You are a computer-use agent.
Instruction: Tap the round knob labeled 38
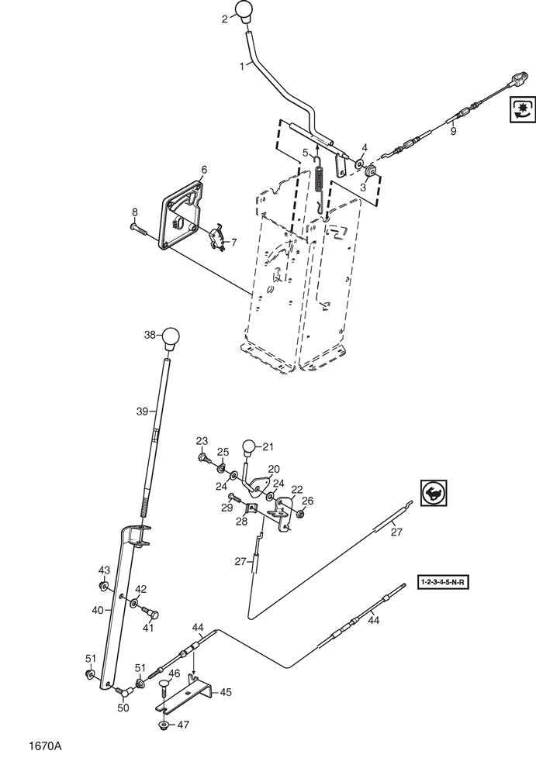[x=171, y=339]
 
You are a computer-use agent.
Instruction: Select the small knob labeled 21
[x=249, y=448]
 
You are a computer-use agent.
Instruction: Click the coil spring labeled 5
[x=320, y=179]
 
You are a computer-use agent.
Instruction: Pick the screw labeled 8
[x=139, y=229]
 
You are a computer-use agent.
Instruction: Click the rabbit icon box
[x=434, y=492]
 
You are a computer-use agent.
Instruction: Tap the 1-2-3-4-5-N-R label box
[x=443, y=582]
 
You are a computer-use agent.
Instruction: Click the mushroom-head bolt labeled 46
[x=164, y=686]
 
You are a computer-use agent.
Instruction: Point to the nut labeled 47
[x=164, y=725]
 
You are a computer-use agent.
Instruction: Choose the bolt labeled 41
[x=151, y=613]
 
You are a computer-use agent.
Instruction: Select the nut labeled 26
[x=299, y=515]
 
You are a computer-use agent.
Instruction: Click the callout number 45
[x=225, y=692]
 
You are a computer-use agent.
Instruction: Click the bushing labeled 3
[x=371, y=171]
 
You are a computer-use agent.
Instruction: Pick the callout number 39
[x=142, y=412]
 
